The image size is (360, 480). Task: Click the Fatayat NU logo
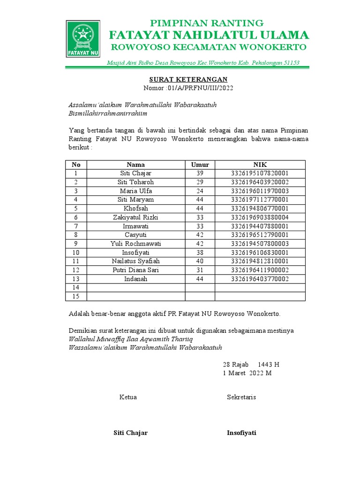click(x=82, y=38)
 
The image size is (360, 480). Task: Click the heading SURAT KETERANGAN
click(x=188, y=79)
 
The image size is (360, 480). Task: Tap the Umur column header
click(x=200, y=165)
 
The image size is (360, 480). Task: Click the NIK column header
click(x=260, y=165)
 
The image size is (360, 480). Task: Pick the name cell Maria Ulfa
click(x=136, y=191)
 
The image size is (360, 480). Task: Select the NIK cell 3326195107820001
click(x=260, y=173)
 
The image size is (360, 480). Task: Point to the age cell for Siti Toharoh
click(x=200, y=182)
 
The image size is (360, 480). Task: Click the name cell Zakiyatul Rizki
click(x=136, y=217)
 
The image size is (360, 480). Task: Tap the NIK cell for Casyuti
click(x=260, y=235)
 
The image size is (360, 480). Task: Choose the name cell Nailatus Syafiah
click(x=136, y=261)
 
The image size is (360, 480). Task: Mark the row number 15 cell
click(x=76, y=296)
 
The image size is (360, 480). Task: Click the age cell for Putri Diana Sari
click(x=200, y=270)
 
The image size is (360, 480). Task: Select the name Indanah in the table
click(x=136, y=279)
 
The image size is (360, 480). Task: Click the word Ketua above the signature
click(x=128, y=397)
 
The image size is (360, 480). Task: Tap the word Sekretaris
click(x=241, y=397)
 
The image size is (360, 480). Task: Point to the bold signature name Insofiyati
click(x=241, y=433)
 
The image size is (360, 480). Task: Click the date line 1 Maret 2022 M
click(x=247, y=373)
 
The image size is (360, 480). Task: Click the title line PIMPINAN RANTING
click(x=206, y=23)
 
